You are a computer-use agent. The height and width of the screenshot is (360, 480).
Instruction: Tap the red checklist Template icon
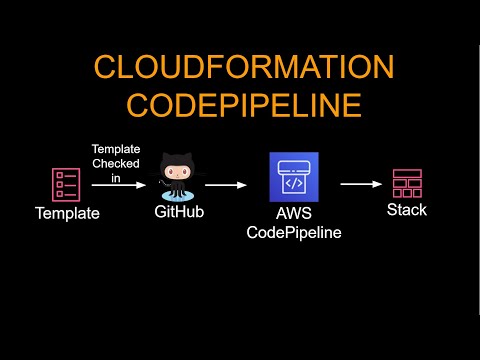[65, 183]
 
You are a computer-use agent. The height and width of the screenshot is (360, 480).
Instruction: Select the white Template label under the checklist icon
[66, 213]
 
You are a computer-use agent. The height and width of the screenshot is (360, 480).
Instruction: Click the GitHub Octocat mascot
[181, 180]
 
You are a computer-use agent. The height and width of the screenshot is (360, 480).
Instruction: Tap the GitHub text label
[181, 212]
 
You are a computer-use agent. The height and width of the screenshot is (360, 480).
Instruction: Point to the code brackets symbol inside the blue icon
[294, 185]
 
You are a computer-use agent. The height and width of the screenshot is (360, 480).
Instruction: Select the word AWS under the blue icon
[294, 215]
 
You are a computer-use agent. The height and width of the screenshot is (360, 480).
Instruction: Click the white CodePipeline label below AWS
[294, 233]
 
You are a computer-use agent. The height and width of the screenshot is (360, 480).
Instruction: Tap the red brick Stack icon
[406, 183]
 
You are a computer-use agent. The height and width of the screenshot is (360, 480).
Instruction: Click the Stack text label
[406, 209]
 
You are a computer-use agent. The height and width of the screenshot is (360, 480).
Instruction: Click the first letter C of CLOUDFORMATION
[105, 68]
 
